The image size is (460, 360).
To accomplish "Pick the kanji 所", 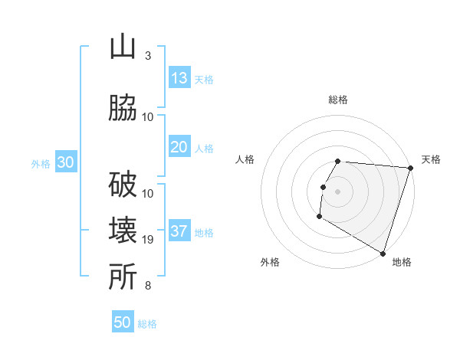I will (x=123, y=277).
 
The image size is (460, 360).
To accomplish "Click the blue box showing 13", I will (x=179, y=77).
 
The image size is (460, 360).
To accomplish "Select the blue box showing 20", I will (x=179, y=147).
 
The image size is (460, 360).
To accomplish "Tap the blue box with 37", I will (x=179, y=231).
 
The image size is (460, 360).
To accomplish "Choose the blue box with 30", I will (x=65, y=162).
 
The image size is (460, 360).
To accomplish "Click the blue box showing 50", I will (x=123, y=322).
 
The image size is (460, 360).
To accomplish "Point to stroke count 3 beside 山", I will (x=147, y=56).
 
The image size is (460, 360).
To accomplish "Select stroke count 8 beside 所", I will (x=147, y=286).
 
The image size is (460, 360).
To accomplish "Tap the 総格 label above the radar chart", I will (x=338, y=100).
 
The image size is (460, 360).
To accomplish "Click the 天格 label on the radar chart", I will (x=432, y=159).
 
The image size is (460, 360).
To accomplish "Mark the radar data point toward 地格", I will (x=382, y=253).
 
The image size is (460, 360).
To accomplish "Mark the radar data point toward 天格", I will (x=410, y=168).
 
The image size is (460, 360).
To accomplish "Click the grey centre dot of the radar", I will (x=338, y=191).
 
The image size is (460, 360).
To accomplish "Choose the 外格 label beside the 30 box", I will (x=41, y=163).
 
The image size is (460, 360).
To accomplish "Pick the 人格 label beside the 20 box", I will (x=204, y=148).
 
